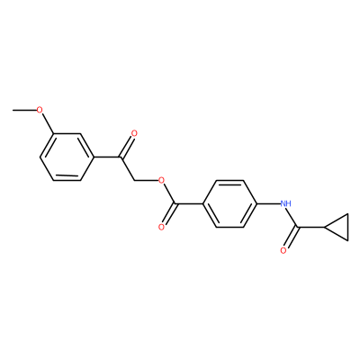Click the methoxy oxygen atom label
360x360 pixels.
coord(39,110)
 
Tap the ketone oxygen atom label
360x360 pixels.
coord(134,133)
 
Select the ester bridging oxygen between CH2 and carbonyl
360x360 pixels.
coord(162,181)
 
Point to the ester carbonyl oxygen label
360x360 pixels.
coord(162,227)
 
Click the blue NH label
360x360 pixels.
coord(286,204)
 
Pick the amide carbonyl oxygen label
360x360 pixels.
coord(283,251)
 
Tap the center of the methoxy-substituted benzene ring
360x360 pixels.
coord(67,157)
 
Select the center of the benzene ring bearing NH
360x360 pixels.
coord(229,204)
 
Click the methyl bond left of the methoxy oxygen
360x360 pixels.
coord(24,110)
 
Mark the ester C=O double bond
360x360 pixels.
coord(170,214)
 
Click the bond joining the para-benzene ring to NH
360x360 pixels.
coord(268,204)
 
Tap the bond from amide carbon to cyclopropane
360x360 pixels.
coord(311,228)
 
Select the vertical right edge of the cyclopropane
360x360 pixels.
coord(348,227)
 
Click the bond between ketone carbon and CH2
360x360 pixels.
coord(128,168)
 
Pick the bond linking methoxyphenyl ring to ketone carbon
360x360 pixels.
coord(106,157)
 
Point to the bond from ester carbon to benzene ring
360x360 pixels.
coord(190,204)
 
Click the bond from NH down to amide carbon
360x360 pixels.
coord(292,218)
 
